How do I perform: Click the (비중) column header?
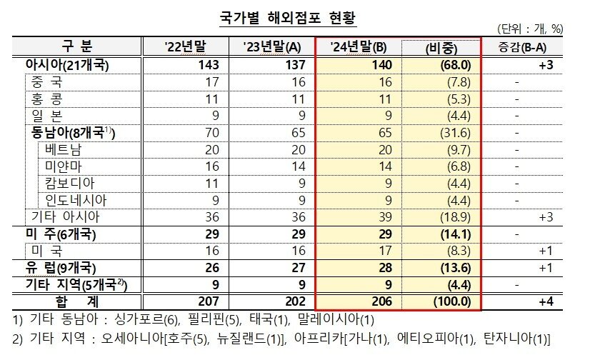coord(440,47)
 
